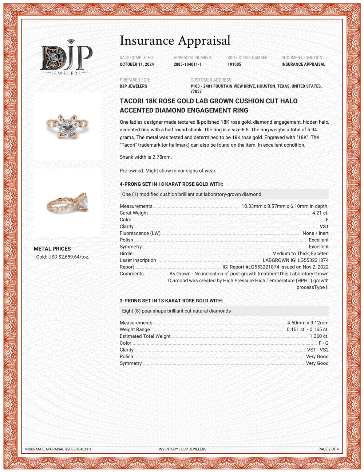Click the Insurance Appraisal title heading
click(x=175, y=40)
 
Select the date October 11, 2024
click(x=136, y=64)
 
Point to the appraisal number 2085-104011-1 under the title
click(x=187, y=64)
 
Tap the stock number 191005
click(x=234, y=64)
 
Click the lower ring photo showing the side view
click(x=68, y=202)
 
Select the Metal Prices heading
click(x=52, y=249)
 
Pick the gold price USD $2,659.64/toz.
click(x=62, y=257)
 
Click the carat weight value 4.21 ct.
click(x=320, y=213)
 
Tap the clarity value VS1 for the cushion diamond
click(x=324, y=227)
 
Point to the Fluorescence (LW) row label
click(x=140, y=233)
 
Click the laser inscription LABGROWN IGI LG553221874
click(x=296, y=260)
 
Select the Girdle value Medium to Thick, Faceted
click(x=300, y=254)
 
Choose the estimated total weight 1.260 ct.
click(x=319, y=336)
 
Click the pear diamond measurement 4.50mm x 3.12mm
click(x=308, y=323)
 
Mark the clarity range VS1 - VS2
click(x=318, y=350)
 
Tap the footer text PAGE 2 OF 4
click(x=328, y=449)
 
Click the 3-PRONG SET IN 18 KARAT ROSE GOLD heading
click(x=171, y=301)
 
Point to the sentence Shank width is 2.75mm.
click(x=146, y=157)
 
